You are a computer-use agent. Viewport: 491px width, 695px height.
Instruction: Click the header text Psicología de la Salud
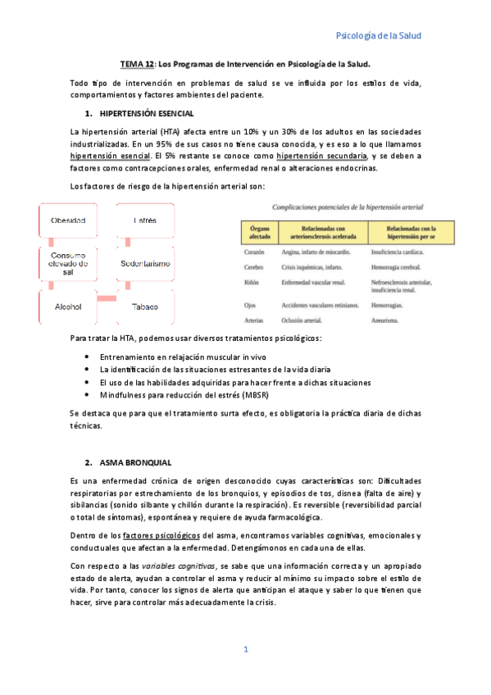379,36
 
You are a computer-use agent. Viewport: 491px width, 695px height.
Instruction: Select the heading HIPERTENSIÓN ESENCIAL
146,111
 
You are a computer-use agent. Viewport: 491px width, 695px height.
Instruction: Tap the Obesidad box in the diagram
68,221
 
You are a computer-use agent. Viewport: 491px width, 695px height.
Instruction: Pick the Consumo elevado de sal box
68,264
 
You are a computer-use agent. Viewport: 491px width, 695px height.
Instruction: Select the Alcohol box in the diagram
68,307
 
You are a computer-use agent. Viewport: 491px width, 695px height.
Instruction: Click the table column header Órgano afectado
261,231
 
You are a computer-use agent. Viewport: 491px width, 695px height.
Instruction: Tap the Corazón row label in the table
257,252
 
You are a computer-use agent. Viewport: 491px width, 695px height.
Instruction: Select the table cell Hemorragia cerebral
396,267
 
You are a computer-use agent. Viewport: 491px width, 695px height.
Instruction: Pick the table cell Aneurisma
385,320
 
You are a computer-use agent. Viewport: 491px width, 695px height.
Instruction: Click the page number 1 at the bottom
245,649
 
